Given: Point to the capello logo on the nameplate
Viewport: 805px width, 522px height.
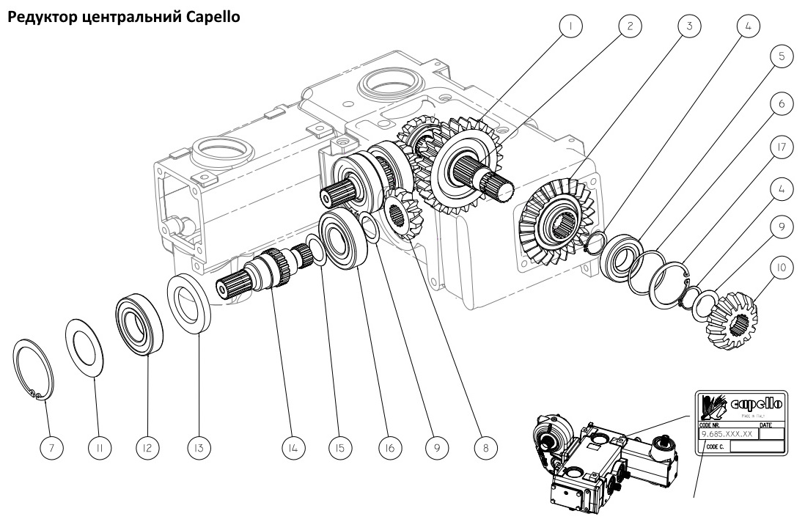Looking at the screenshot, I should [740, 404].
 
